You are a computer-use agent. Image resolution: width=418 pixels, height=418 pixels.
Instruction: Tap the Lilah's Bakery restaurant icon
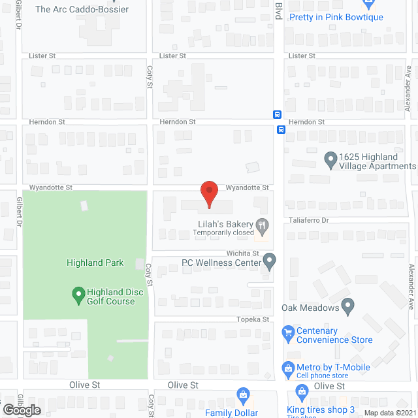[x=262, y=226]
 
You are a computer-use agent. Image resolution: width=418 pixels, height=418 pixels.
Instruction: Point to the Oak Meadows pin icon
[x=348, y=305]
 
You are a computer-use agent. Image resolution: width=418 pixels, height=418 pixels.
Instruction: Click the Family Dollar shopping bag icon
[x=243, y=395]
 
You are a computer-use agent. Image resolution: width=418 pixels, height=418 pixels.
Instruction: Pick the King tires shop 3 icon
[x=302, y=393]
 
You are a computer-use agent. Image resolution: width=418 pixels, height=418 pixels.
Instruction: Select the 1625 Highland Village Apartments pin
[x=331, y=159]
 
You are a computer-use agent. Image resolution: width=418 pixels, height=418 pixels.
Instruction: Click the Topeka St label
[x=257, y=319]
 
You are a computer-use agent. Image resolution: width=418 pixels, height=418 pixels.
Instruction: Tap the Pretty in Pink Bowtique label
[x=336, y=17]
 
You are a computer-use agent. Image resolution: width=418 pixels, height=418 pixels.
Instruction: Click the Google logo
[x=21, y=410]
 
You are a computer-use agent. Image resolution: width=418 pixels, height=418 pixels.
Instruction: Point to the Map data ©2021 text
[x=390, y=413]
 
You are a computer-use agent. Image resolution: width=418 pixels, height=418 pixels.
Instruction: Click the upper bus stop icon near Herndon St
[x=278, y=114]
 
